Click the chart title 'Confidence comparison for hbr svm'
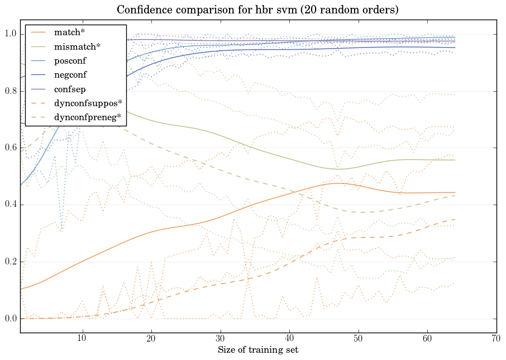[257, 10]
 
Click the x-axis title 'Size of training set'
[257, 350]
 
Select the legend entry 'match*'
[69, 32]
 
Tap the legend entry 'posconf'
[70, 60]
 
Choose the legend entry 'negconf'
[71, 74]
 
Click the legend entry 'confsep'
[70, 88]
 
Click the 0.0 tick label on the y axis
[9, 319]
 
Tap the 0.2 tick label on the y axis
[9, 262]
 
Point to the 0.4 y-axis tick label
[9, 205]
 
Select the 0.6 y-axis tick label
[9, 148]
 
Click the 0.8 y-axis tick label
[9, 91]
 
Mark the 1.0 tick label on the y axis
[9, 34]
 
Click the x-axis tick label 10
[82, 338]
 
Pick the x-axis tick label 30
[220, 338]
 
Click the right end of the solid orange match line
[455, 192]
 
